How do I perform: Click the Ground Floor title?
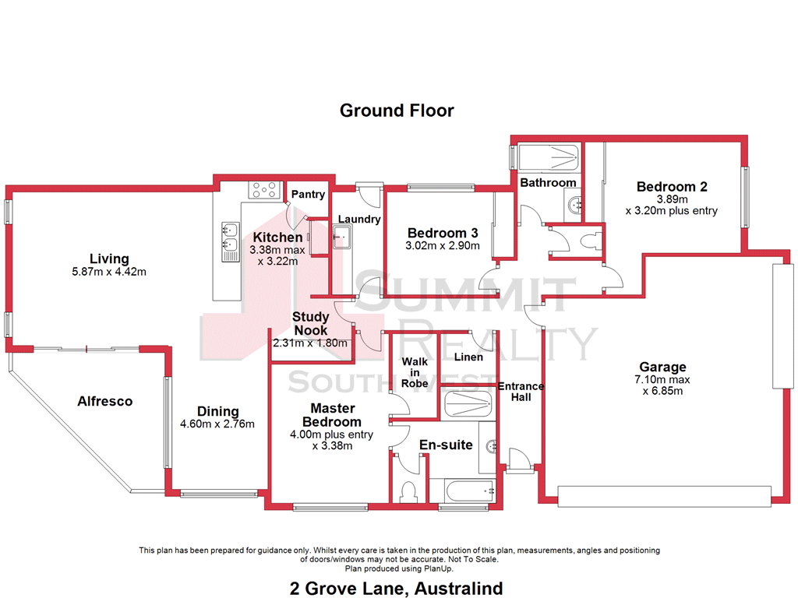point(397,111)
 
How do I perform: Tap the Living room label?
point(109,259)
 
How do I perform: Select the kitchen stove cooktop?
point(264,188)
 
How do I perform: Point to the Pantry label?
point(308,195)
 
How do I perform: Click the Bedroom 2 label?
point(671,187)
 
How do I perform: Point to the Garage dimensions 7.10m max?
point(662,379)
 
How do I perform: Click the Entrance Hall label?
point(521,392)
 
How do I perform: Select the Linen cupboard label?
point(468,357)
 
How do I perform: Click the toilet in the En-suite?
point(407,493)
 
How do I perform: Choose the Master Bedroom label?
point(333,415)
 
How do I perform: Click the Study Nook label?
point(310,324)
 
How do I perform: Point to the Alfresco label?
point(104,402)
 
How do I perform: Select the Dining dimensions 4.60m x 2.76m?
point(217,424)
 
